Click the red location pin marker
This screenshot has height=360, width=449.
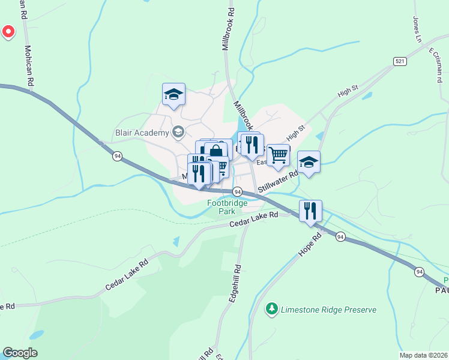(8, 31)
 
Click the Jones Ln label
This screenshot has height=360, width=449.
(417, 29)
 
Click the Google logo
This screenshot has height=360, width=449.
(20, 353)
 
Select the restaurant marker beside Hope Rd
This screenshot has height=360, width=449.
(310, 211)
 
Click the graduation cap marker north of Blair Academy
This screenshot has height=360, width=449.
(173, 94)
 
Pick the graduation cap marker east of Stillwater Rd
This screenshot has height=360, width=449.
(309, 162)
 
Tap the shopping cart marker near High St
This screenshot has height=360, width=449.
(278, 155)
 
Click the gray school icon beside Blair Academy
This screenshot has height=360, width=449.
(178, 131)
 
